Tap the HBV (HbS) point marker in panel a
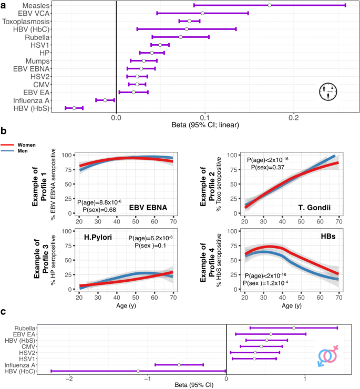74,108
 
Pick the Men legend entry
25,151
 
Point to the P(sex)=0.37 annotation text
265,167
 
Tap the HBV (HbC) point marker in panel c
138,371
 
